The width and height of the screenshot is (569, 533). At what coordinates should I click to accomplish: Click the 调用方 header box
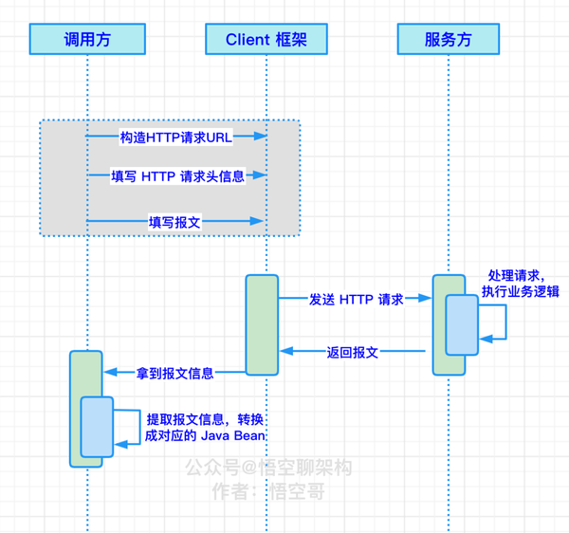[x=87, y=39]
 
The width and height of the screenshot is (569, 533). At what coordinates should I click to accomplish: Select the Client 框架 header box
[x=266, y=39]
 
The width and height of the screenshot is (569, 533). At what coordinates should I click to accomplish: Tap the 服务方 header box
[x=448, y=39]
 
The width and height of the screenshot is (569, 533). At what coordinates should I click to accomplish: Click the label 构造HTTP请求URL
[x=175, y=138]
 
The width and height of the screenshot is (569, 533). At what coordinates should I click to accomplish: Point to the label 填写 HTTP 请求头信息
[x=177, y=176]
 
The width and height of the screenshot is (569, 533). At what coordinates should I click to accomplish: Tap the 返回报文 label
[x=352, y=352]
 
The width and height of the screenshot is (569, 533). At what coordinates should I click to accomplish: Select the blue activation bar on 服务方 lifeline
[x=463, y=324]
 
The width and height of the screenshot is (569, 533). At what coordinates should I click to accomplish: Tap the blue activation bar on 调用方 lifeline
[x=97, y=427]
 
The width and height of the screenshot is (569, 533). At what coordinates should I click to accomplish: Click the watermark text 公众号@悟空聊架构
[x=268, y=468]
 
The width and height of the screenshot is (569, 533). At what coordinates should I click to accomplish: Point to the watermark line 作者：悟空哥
[x=268, y=491]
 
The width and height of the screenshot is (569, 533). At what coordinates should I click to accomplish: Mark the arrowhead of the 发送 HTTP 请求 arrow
[x=427, y=299]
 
